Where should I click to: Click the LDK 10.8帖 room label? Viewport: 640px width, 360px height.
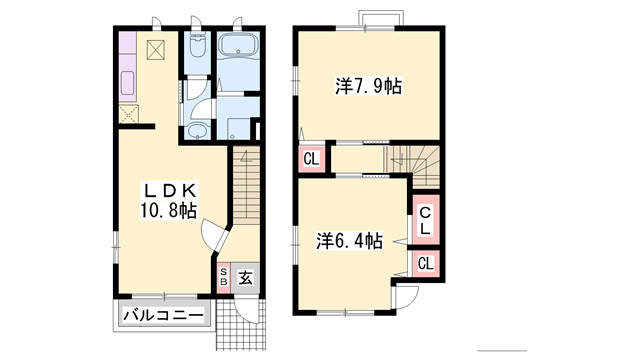(x=169, y=200)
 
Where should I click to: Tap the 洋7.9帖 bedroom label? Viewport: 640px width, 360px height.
(x=369, y=86)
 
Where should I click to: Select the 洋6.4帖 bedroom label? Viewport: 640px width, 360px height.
(x=350, y=241)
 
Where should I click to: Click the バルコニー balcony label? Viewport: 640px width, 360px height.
(x=164, y=316)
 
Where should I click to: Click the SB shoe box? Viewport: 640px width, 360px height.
(x=224, y=277)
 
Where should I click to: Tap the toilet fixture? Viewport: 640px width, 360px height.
(x=198, y=47)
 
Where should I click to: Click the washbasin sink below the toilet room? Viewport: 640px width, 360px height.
(x=198, y=130)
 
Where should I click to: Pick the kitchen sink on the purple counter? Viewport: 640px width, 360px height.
(x=128, y=83)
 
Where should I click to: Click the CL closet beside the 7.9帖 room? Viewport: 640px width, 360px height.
(x=311, y=159)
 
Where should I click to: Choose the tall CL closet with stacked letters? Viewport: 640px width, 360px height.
(x=425, y=220)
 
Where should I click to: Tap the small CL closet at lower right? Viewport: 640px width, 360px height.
(x=426, y=264)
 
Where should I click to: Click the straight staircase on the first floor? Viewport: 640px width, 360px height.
(x=247, y=186)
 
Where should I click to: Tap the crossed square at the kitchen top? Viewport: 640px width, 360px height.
(x=156, y=50)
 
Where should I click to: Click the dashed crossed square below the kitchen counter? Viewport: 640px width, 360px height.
(x=129, y=114)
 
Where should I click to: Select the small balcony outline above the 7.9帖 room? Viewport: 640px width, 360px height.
(x=381, y=18)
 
